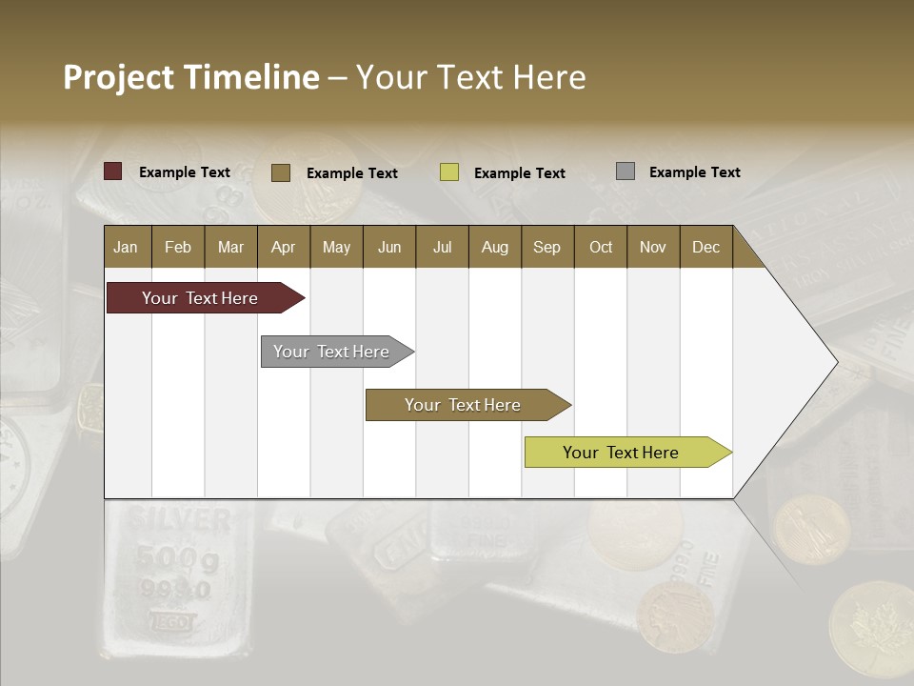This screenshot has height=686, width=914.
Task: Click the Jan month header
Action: click(127, 247)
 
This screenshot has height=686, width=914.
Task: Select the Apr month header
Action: click(283, 247)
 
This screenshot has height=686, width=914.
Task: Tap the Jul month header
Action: click(442, 247)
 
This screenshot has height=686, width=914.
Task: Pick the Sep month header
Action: click(546, 247)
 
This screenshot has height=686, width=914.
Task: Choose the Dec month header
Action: click(705, 247)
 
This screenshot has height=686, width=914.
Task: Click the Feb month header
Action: click(178, 247)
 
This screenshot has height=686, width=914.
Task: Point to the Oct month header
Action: click(601, 247)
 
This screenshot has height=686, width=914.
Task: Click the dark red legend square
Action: click(113, 171)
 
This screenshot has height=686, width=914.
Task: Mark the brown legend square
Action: click(281, 172)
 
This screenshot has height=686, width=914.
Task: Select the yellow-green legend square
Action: click(449, 172)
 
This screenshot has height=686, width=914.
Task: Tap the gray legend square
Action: click(626, 171)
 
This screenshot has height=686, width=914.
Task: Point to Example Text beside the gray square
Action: click(694, 172)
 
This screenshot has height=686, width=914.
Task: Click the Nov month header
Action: click(653, 247)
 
